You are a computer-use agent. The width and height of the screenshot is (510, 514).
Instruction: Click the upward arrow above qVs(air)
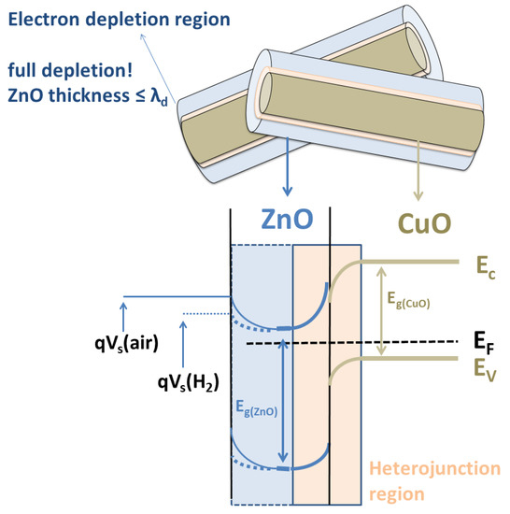pos(125,314)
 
